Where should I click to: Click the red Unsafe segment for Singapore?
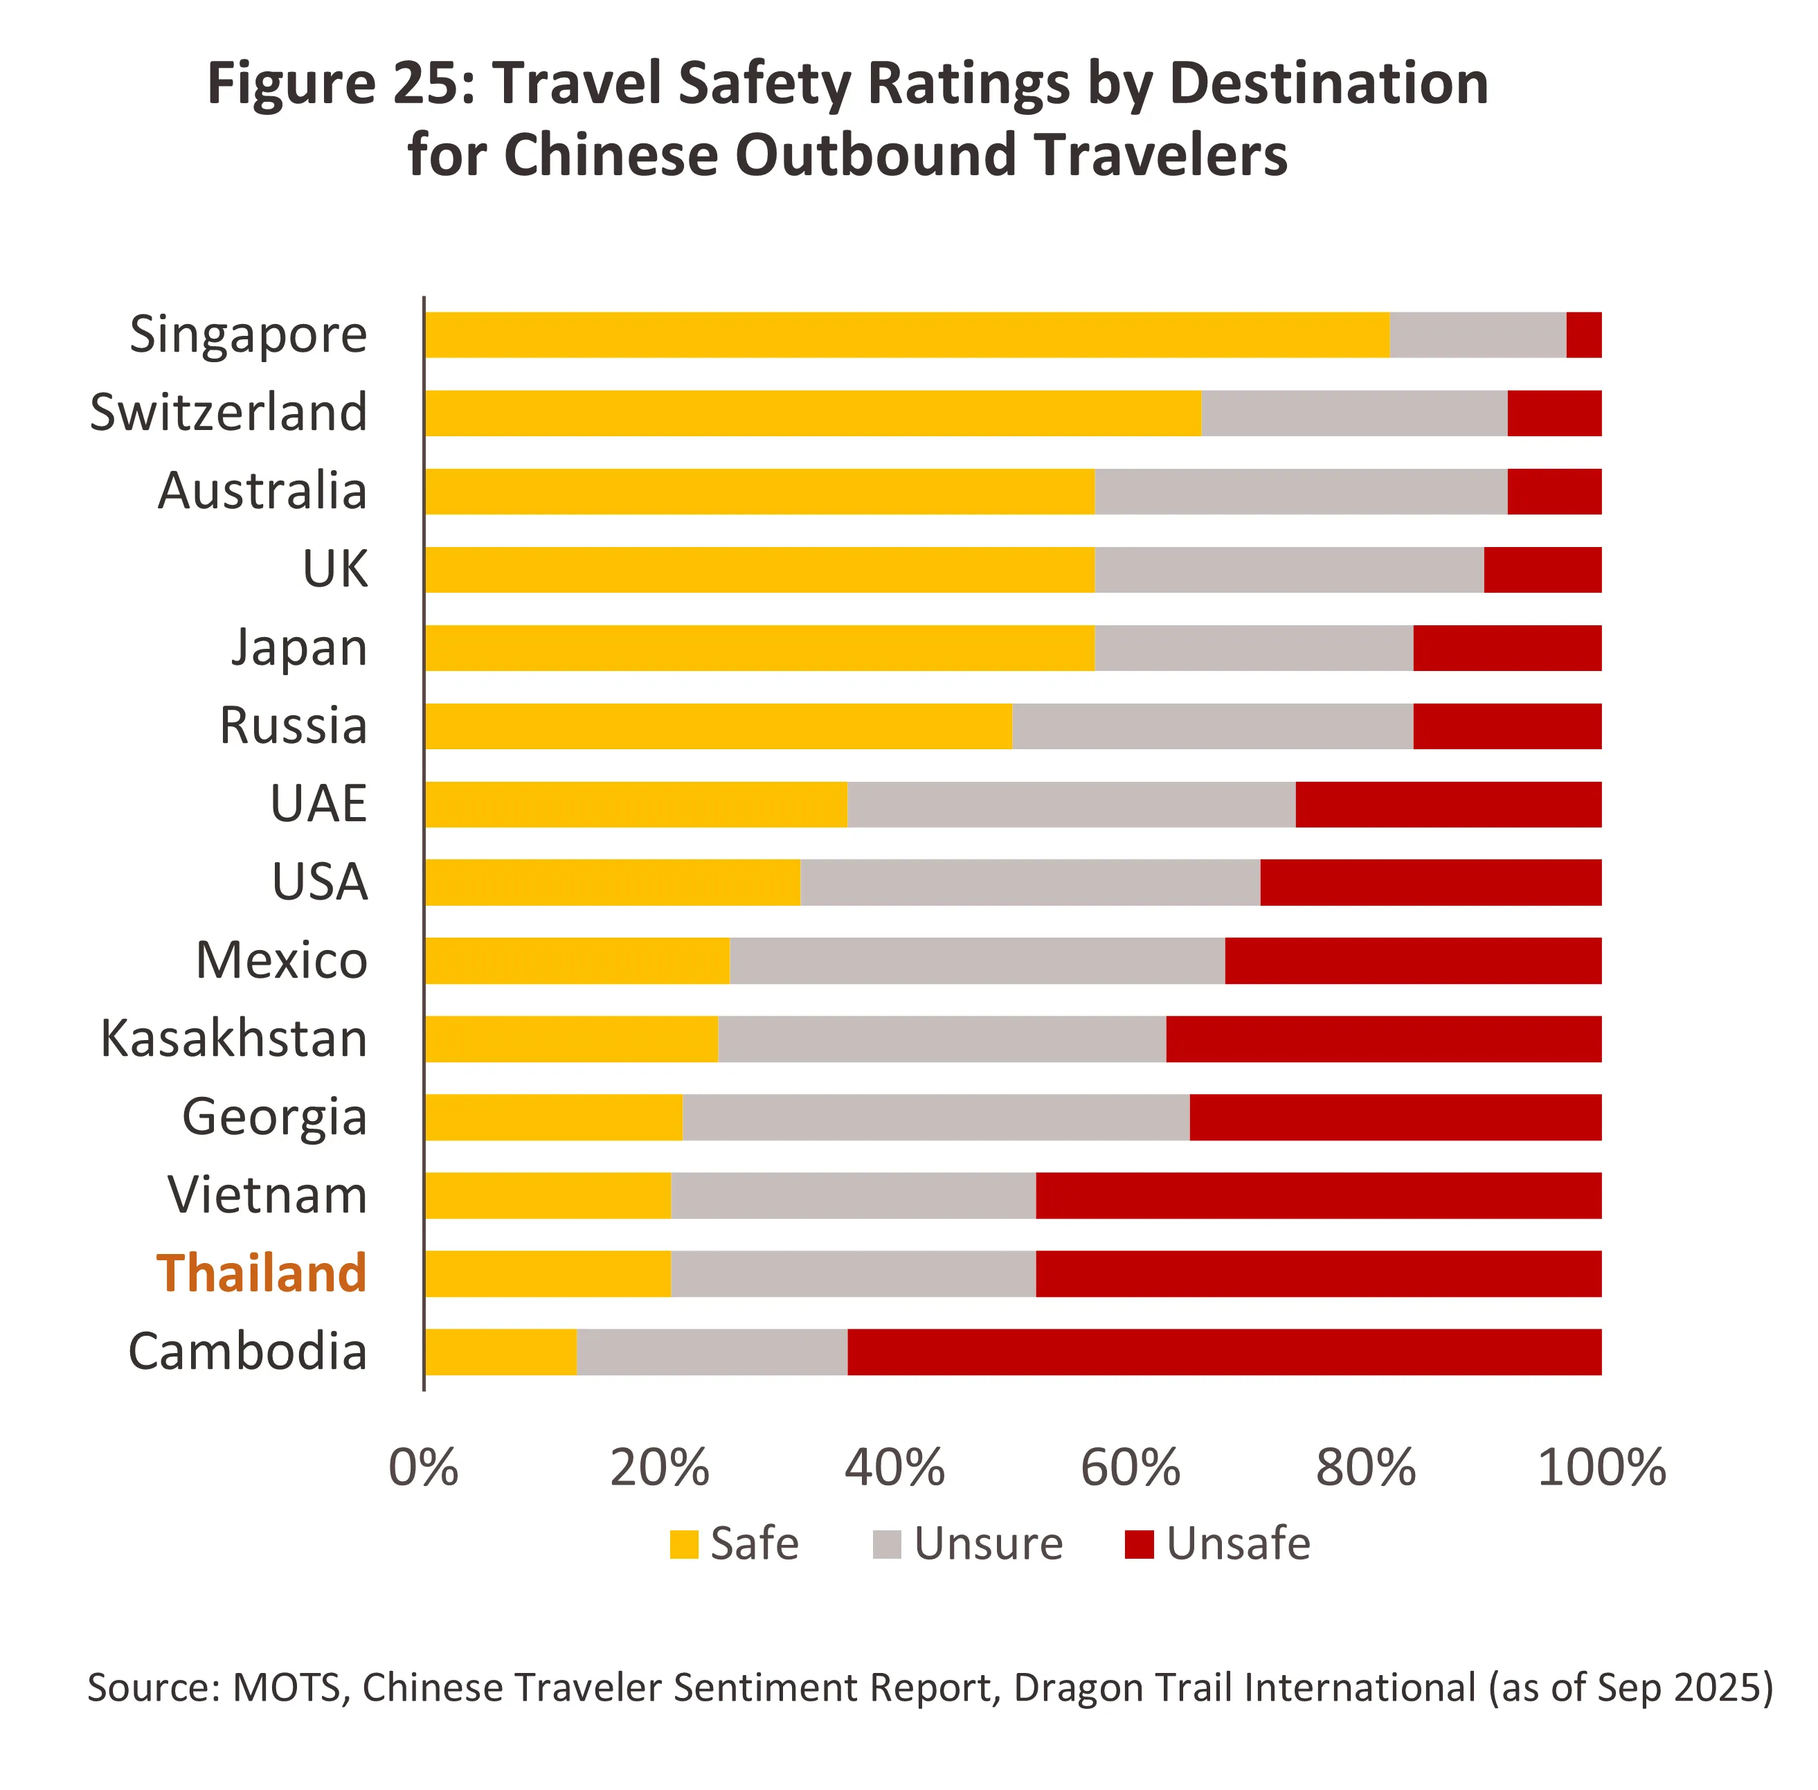pos(1583,334)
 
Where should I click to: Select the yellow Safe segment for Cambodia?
pos(500,1352)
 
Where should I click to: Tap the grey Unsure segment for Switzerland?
pos(1353,413)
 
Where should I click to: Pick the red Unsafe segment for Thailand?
pos(1318,1274)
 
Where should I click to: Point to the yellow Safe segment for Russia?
pos(717,726)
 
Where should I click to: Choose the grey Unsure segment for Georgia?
pos(935,1117)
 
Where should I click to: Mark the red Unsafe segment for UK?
pos(1542,570)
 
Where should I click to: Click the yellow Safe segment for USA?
pos(612,881)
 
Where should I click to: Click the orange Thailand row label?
pos(261,1274)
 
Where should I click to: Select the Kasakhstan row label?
pos(234,1039)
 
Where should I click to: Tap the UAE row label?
pos(318,804)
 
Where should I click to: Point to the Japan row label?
pos(299,647)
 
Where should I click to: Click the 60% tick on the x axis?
pos(1130,1467)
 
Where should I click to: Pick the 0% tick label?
pos(423,1467)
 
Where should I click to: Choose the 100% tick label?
pos(1601,1467)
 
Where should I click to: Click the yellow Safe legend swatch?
pos(683,1545)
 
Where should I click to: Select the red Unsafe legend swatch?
pos(1138,1545)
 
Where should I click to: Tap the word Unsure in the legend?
pos(988,1545)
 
